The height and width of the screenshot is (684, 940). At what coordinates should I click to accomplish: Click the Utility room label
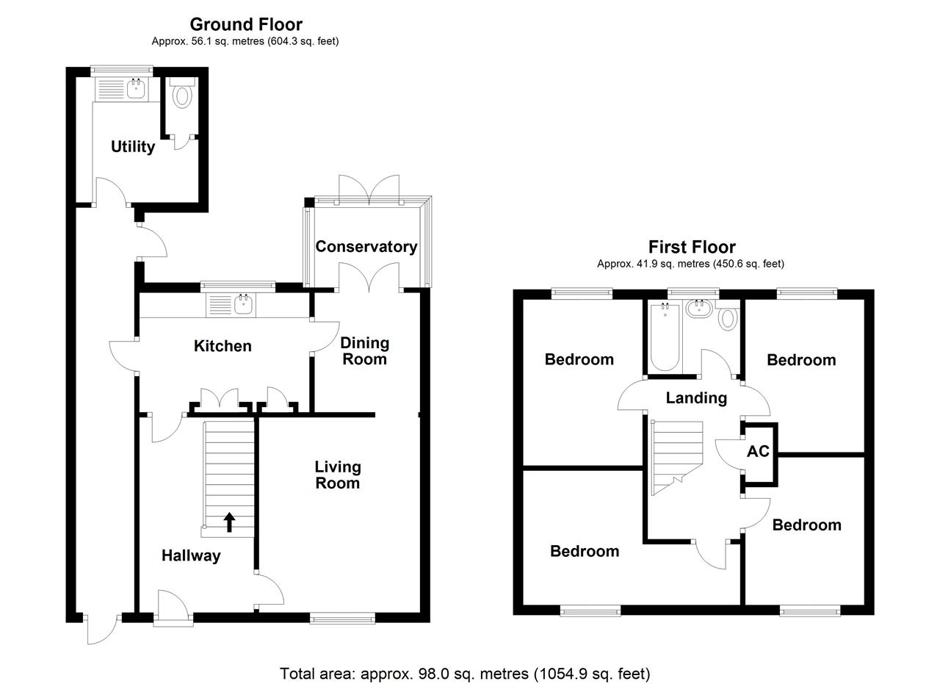[133, 147]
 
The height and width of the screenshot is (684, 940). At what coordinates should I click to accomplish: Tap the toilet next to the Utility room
[181, 96]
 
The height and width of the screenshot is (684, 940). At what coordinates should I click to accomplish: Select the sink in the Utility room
[136, 90]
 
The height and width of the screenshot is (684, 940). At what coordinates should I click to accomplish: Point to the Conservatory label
[366, 247]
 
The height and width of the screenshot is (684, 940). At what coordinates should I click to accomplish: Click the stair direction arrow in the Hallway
[229, 522]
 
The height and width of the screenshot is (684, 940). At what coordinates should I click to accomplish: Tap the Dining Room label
[364, 351]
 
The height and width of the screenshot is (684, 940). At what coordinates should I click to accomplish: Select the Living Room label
[338, 475]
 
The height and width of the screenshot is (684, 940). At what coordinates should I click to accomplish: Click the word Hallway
[191, 556]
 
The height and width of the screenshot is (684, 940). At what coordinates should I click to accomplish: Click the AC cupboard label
[758, 451]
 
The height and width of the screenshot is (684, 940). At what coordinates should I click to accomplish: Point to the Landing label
[696, 398]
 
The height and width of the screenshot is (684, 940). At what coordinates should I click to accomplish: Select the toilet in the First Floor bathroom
[728, 318]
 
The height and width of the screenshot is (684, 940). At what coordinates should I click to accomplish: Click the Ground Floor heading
[246, 24]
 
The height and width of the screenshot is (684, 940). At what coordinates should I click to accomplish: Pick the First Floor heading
[691, 247]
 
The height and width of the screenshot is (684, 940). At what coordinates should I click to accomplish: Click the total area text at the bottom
[465, 673]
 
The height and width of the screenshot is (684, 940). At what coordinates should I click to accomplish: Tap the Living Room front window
[343, 619]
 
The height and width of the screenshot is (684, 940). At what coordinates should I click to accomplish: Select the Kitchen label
[223, 346]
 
